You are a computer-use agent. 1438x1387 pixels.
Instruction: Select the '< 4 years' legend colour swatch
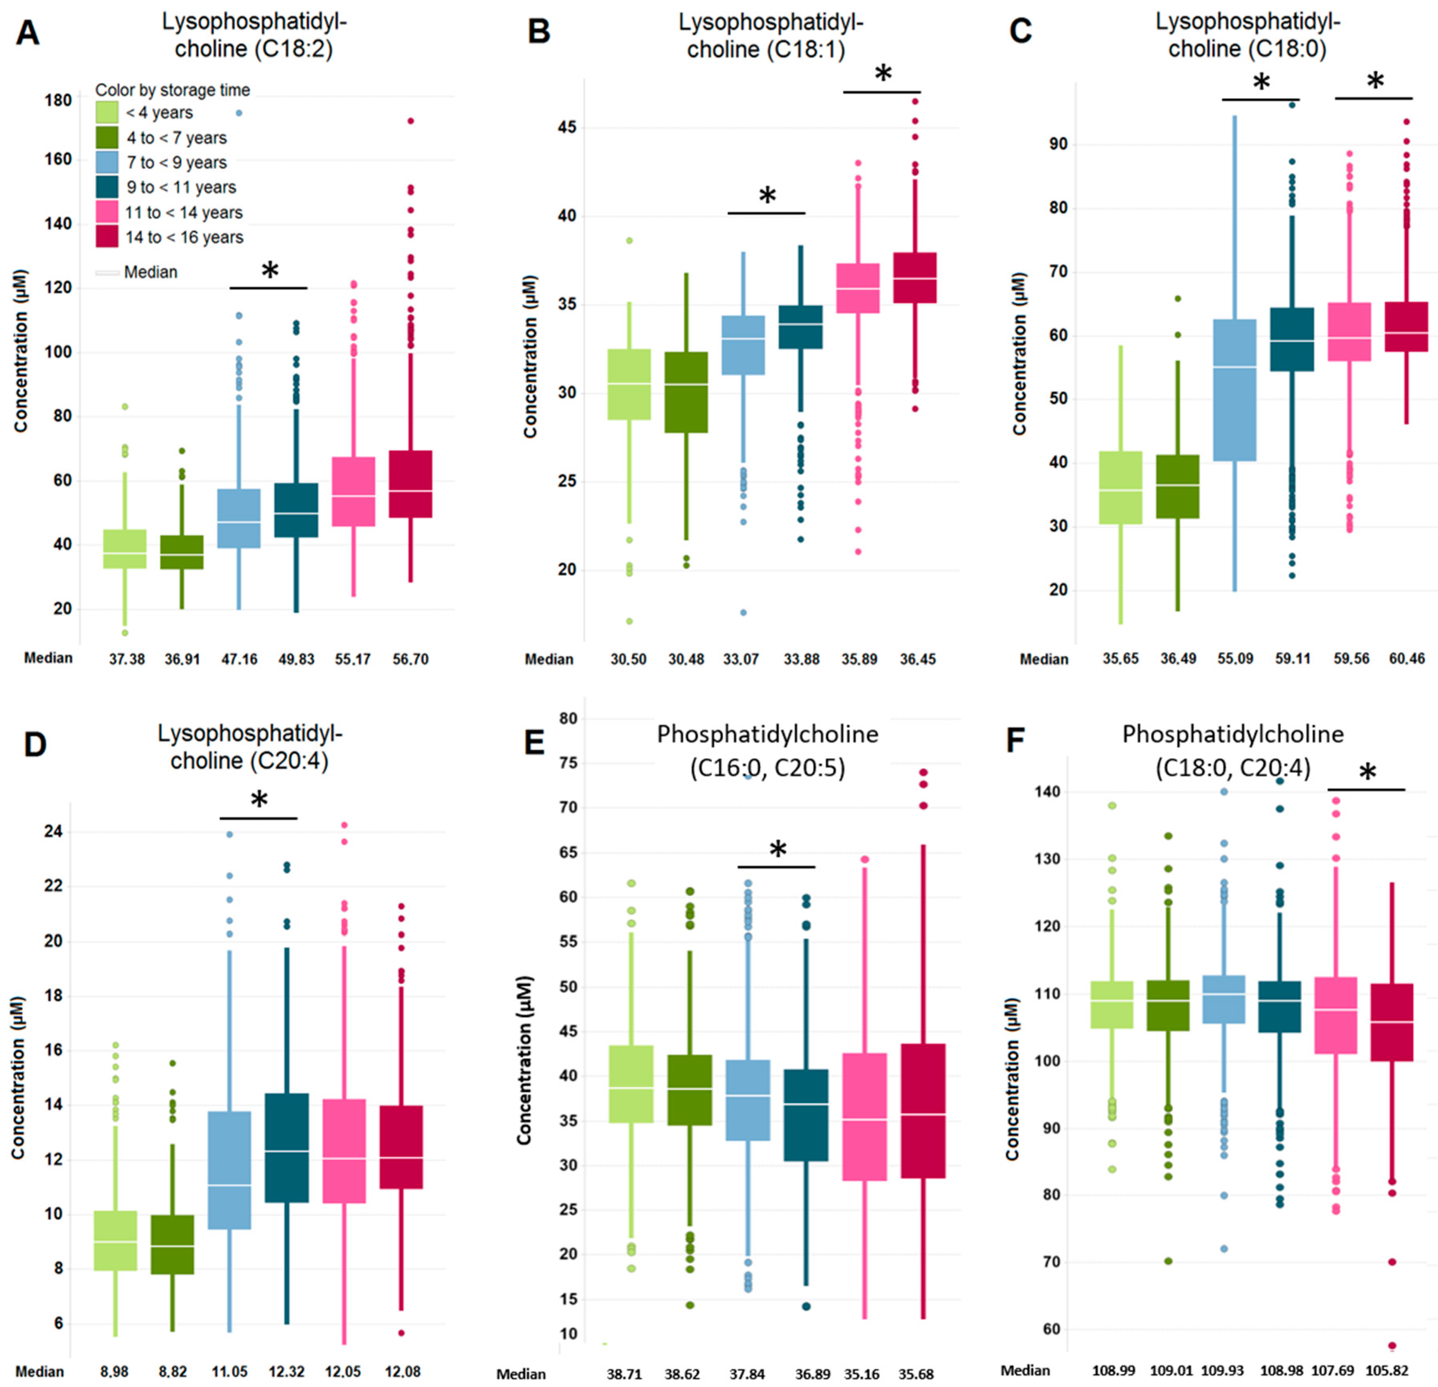(107, 112)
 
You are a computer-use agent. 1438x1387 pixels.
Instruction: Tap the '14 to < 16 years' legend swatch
(107, 237)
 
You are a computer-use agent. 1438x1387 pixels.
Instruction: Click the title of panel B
(770, 35)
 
